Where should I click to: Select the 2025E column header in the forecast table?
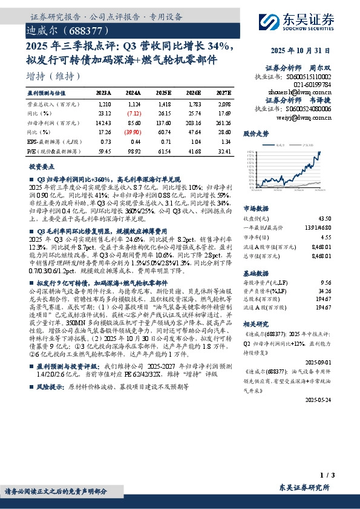(x=163, y=93)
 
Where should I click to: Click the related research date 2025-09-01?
(x=335, y=361)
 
